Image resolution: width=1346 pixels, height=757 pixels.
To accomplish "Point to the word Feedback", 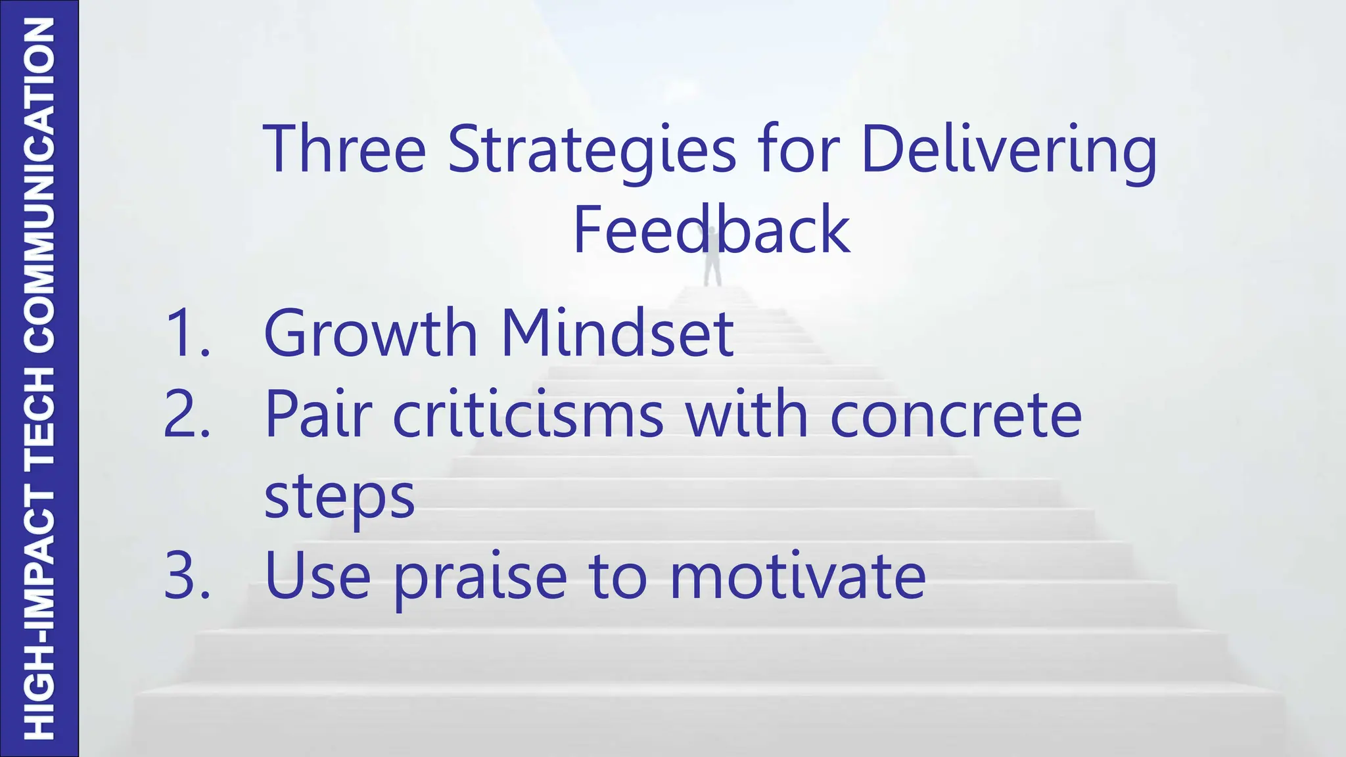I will pos(711,229).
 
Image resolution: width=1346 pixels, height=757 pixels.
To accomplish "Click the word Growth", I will pos(370,333).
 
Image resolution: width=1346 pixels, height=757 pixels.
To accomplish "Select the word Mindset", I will pos(616,333).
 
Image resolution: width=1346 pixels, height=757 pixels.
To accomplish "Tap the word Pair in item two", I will pos(318,414).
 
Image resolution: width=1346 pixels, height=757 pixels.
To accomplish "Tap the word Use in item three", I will pos(317,576).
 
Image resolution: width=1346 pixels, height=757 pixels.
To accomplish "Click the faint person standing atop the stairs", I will pos(712,263).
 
